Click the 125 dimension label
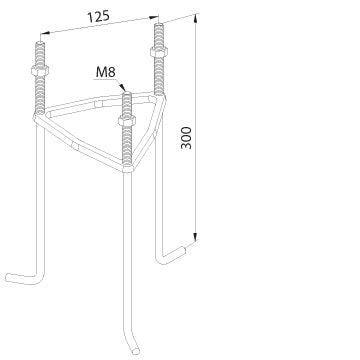pos(98,17)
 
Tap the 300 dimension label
pos(186,138)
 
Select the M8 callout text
pos(106,72)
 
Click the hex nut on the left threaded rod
pos(40,70)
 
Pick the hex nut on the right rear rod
pos(159,52)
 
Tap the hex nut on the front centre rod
pos(127,120)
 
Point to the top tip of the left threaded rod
pos(40,43)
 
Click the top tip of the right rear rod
pos(159,24)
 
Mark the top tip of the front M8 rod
pos(126,93)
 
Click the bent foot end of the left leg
pos(8,278)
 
